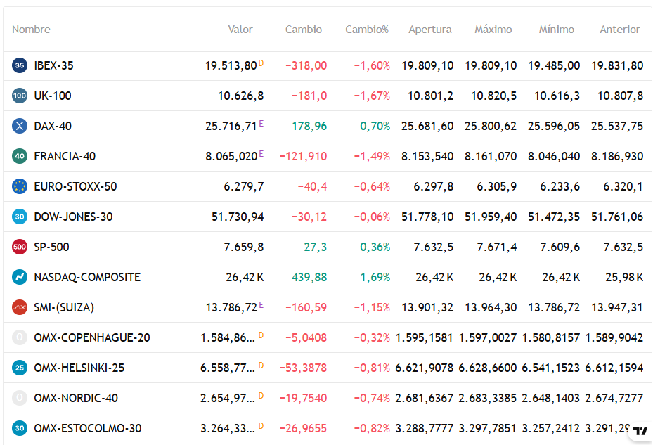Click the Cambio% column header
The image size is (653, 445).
pyautogui.click(x=366, y=29)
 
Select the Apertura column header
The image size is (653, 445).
pyautogui.click(x=429, y=30)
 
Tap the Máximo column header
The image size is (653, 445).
pyautogui.click(x=493, y=29)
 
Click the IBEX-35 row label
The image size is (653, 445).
pyautogui.click(x=53, y=65)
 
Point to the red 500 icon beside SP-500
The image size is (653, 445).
pyautogui.click(x=20, y=247)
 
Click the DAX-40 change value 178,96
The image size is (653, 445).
pyautogui.click(x=309, y=126)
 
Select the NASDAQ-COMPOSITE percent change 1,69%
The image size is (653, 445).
pyautogui.click(x=375, y=277)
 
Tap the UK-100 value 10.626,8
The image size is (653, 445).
pyautogui.click(x=240, y=96)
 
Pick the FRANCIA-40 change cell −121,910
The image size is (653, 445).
pyautogui.click(x=303, y=156)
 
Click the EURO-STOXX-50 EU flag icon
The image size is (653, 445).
pyautogui.click(x=20, y=186)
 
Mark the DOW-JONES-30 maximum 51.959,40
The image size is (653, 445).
pyautogui.click(x=491, y=217)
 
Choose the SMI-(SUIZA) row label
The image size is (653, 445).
pyautogui.click(x=64, y=307)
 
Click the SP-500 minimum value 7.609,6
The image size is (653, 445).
pyautogui.click(x=560, y=247)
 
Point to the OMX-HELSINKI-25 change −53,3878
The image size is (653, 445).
pyautogui.click(x=303, y=368)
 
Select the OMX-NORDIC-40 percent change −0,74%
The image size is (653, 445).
pyautogui.click(x=372, y=398)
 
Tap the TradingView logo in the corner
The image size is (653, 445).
pyautogui.click(x=640, y=431)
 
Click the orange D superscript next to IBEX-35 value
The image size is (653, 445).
pyautogui.click(x=261, y=63)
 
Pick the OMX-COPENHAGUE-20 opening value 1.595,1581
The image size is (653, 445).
pyautogui.click(x=424, y=337)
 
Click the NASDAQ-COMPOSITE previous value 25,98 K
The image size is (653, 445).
pyautogui.click(x=624, y=277)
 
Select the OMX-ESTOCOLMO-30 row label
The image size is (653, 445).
pyautogui.click(x=88, y=428)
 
